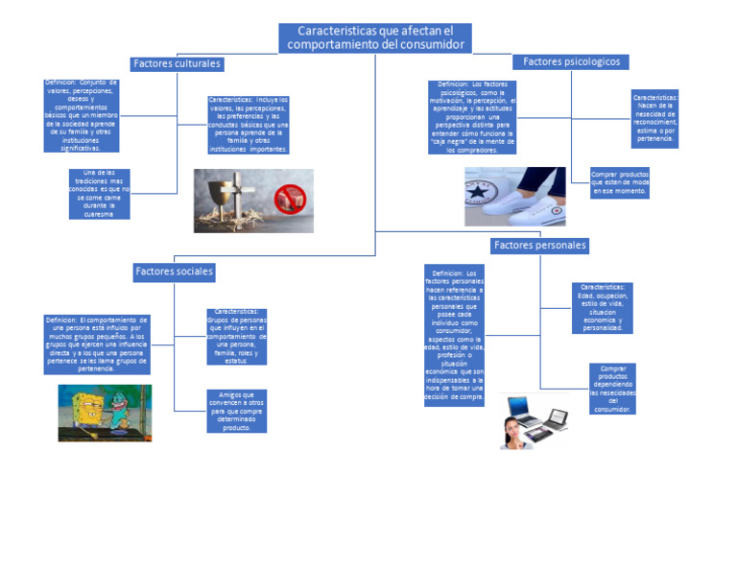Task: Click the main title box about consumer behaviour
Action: [375, 38]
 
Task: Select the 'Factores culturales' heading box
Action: [177, 64]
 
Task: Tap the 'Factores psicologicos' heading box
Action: [571, 62]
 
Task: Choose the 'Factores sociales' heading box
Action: [174, 273]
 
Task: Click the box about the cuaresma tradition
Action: [100, 194]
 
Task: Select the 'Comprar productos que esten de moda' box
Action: [620, 183]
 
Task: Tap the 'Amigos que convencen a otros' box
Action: [236, 411]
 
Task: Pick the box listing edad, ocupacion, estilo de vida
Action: [603, 307]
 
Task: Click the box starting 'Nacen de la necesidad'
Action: [654, 119]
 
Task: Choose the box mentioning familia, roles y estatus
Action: [236, 337]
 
